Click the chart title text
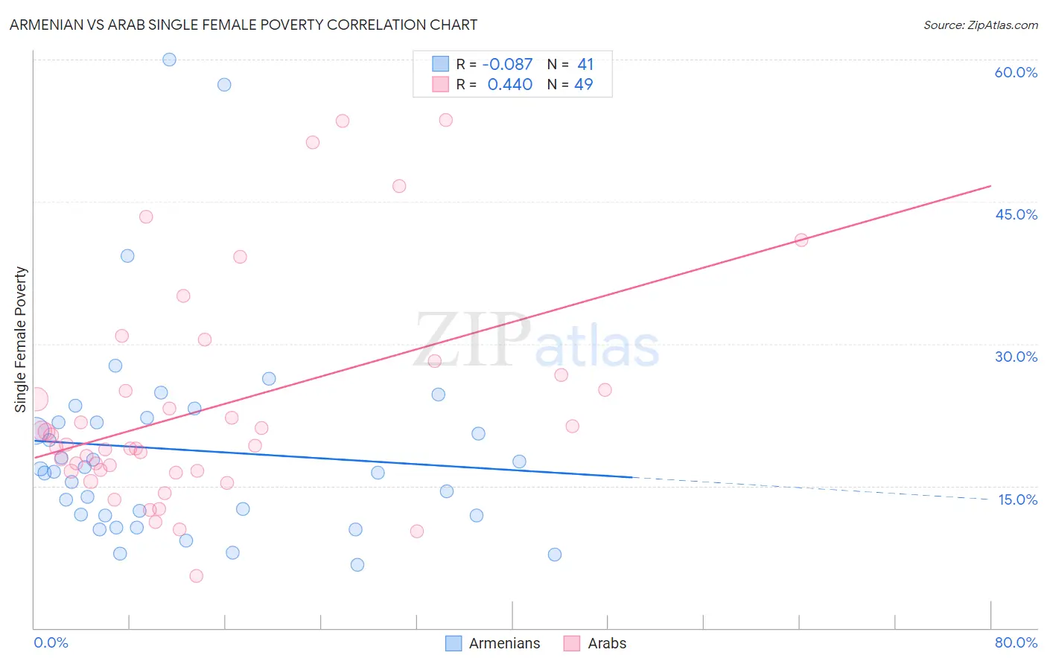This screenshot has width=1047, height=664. tap(244, 25)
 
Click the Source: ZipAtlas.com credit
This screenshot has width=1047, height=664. tap(980, 25)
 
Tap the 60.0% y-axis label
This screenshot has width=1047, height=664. tap(1016, 72)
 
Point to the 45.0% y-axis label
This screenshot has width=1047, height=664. tap(1016, 214)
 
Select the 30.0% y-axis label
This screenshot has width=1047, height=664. tap(1016, 357)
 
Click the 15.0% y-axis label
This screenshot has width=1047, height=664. tap(1017, 499)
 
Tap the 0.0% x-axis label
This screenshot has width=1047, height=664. tap(51, 642)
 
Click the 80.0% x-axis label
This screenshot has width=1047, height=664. tap(1016, 642)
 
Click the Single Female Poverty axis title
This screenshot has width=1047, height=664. tap(21, 339)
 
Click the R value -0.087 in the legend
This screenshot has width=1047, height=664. tap(507, 65)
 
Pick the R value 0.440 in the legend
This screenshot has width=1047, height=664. tap(509, 85)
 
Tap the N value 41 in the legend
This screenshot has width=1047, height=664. tap(585, 65)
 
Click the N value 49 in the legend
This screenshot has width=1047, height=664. tap(584, 85)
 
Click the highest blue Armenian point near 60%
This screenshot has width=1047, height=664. tap(169, 60)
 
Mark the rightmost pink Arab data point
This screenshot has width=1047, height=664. tap(801, 240)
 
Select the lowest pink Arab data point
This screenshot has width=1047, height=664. tap(196, 575)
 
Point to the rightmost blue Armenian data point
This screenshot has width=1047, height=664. tap(554, 555)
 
